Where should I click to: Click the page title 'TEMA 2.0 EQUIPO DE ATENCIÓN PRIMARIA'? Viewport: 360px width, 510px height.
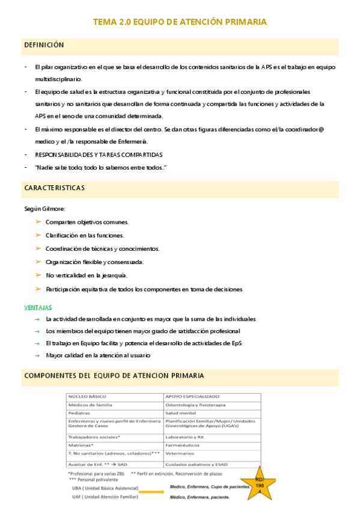pyautogui.click(x=180, y=22)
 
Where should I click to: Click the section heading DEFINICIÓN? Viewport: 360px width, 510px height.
pyautogui.click(x=44, y=45)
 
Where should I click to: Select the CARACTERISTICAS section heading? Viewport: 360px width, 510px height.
pyautogui.click(x=55, y=188)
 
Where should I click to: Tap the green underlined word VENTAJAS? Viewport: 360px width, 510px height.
pyautogui.click(x=38, y=307)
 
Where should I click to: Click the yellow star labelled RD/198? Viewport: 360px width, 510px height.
pyautogui.click(x=261, y=481)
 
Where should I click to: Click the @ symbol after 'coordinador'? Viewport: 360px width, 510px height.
pyautogui.click(x=322, y=129)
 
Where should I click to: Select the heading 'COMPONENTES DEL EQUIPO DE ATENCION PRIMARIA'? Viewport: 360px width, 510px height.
pyautogui.click(x=114, y=375)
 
